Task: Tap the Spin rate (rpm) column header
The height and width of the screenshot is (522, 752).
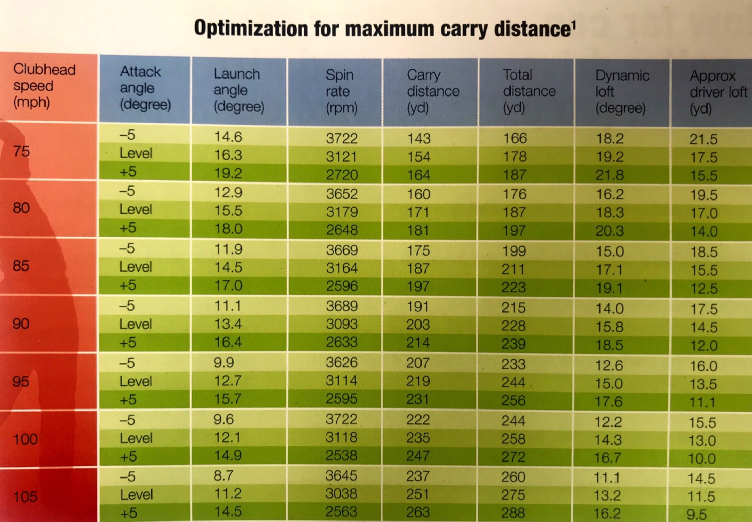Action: coord(341,91)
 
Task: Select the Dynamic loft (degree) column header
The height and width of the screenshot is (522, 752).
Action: coord(622,92)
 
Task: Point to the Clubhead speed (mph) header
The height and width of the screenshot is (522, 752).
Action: coord(44,86)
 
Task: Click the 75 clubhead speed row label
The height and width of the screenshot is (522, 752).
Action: coord(21,151)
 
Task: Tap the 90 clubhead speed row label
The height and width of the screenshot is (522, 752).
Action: coord(21,324)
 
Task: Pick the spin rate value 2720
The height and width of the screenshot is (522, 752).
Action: coord(342,175)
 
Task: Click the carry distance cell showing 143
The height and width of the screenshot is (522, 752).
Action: coord(418,138)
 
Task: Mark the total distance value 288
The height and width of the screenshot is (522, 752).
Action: coord(513,512)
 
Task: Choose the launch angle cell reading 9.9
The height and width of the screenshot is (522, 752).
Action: coord(223,363)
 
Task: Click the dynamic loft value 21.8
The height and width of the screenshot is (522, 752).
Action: coord(609,175)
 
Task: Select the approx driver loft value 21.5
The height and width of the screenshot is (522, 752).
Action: coord(703,139)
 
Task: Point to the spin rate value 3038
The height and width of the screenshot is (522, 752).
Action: coord(341,494)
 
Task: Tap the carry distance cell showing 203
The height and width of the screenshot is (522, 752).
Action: coord(418,325)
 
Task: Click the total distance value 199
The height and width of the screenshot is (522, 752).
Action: coord(514,251)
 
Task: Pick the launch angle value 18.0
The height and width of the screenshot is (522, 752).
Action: coord(228,229)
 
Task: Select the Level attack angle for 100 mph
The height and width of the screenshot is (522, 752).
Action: coord(136,438)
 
